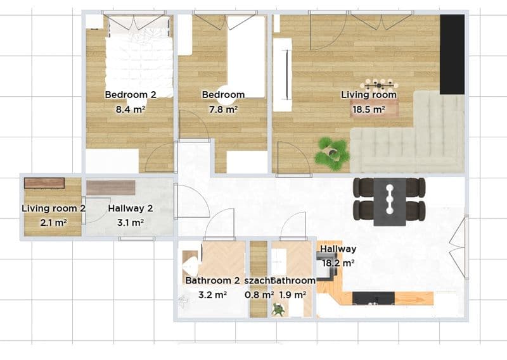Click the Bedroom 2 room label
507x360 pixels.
tap(131, 95)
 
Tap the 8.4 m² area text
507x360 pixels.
tap(131, 109)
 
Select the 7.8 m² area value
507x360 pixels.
tap(224, 109)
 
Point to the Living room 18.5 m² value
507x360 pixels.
tap(369, 109)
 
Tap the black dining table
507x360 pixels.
tap(390, 202)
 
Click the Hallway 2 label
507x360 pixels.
tap(131, 208)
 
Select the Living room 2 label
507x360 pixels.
tap(54, 208)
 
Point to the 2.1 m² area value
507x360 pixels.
tap(54, 223)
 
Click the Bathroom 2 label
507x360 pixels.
tap(212, 280)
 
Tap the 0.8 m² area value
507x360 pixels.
tap(259, 294)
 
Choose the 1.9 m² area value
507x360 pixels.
tap(293, 294)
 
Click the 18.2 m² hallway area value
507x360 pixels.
tap(338, 263)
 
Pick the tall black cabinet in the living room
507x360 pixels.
tap(452, 54)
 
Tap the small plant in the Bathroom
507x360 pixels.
tap(278, 309)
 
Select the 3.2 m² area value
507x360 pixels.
tap(212, 294)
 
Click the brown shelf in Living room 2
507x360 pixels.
tap(44, 183)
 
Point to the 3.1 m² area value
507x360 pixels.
tap(131, 223)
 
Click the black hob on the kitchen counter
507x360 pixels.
tap(373, 298)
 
